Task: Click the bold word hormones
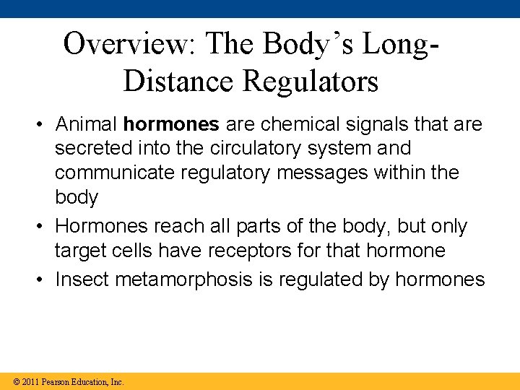[171, 124]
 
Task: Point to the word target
[79, 251]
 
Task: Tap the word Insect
[79, 279]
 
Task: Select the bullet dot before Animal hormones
[43, 125]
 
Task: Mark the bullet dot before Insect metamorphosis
[43, 280]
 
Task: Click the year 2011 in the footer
[30, 381]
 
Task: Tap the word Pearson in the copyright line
[56, 381]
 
